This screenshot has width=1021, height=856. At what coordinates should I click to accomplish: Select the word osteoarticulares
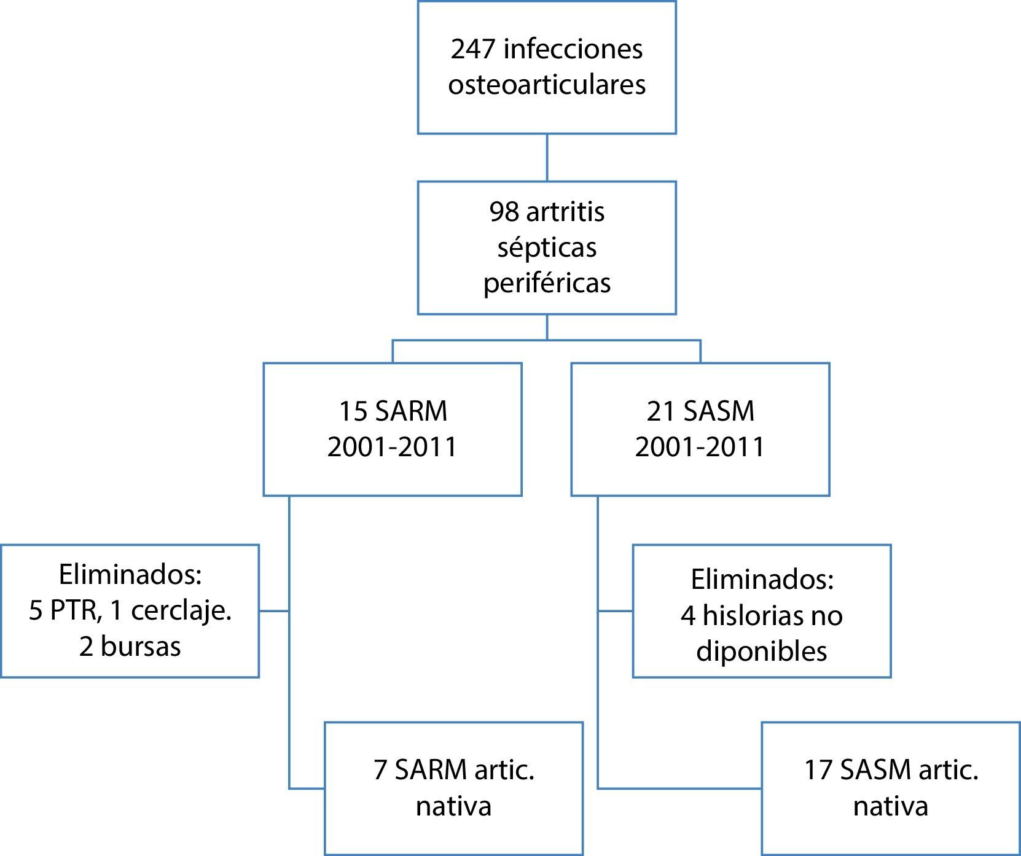pyautogui.click(x=547, y=85)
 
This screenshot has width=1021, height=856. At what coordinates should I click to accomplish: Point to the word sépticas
pyautogui.click(x=547, y=248)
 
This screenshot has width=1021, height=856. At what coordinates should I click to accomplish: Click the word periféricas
pyautogui.click(x=547, y=284)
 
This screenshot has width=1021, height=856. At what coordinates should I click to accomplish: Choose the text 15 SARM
pyautogui.click(x=393, y=411)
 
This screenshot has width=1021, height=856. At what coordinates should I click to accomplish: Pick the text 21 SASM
pyautogui.click(x=700, y=411)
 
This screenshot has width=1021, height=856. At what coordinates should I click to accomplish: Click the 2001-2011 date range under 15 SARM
pyautogui.click(x=393, y=447)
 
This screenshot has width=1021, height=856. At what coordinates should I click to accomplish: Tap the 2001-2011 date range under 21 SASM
pyautogui.click(x=700, y=447)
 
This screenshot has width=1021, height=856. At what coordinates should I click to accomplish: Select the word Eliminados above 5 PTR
pyautogui.click(x=130, y=575)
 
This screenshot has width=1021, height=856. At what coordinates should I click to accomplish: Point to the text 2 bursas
pyautogui.click(x=130, y=647)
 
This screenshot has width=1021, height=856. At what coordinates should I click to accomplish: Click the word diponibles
pyautogui.click(x=762, y=652)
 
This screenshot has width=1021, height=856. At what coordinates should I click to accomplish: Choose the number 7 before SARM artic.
pyautogui.click(x=380, y=770)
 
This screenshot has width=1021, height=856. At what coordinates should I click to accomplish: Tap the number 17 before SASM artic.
pyautogui.click(x=818, y=770)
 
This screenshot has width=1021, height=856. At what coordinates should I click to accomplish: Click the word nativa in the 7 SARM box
pyautogui.click(x=453, y=806)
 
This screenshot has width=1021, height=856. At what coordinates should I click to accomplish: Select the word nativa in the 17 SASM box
pyautogui.click(x=890, y=806)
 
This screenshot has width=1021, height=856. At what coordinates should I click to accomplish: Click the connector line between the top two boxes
pyautogui.click(x=547, y=157)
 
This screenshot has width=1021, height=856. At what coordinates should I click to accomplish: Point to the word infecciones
pyautogui.click(x=573, y=49)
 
